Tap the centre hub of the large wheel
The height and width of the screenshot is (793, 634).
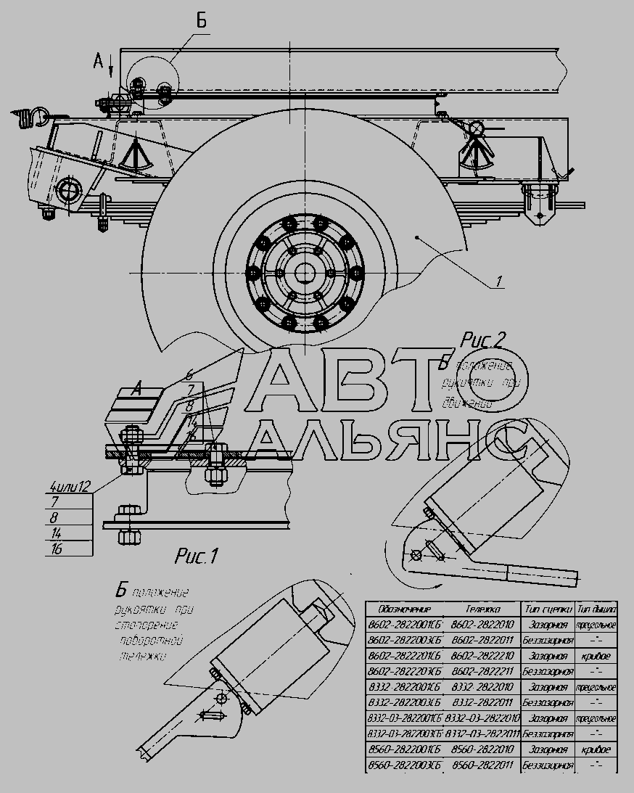click(304, 273)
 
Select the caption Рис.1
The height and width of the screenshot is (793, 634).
click(197, 556)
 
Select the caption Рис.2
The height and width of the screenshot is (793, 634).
click(483, 340)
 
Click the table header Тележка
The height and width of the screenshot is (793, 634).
click(482, 609)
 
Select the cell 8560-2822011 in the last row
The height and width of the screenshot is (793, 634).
click(482, 765)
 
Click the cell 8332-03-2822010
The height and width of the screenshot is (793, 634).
click(482, 718)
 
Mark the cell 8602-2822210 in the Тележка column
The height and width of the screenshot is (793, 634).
click(482, 656)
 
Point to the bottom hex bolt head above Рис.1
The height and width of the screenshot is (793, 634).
click(128, 538)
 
